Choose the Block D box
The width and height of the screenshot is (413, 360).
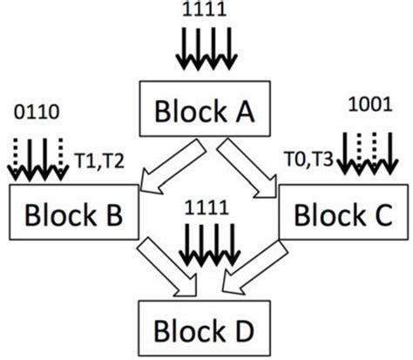[206, 329]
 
